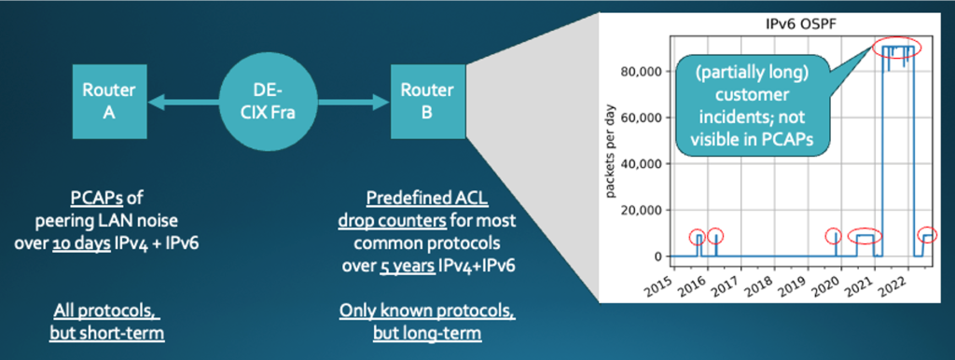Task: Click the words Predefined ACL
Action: click(426, 196)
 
